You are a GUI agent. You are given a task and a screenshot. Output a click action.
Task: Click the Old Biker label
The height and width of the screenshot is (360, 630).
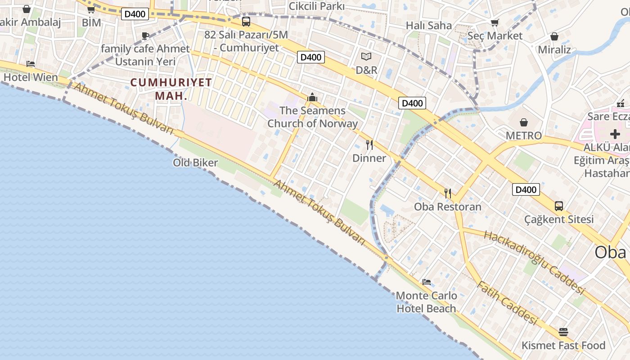pyautogui.click(x=195, y=163)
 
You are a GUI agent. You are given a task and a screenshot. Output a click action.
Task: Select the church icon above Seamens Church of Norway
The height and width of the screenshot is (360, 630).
pyautogui.click(x=312, y=97)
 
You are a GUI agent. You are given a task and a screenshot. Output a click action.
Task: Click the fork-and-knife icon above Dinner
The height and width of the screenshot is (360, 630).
pyautogui.click(x=369, y=145)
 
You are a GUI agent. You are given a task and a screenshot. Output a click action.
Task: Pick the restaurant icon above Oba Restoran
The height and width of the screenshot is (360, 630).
pyautogui.click(x=448, y=193)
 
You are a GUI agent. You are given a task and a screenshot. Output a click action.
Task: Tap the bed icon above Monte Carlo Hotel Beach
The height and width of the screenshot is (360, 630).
pyautogui.click(x=427, y=282)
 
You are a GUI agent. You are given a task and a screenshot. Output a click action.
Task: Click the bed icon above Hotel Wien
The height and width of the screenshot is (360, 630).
pyautogui.click(x=31, y=64)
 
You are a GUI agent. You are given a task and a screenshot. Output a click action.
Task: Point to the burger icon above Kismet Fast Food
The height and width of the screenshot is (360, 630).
pyautogui.click(x=563, y=332)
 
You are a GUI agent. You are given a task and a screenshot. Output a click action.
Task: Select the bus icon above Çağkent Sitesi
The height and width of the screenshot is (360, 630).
pyautogui.click(x=558, y=206)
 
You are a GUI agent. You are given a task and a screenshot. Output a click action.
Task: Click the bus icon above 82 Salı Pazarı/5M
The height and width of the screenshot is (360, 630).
pyautogui.click(x=246, y=21)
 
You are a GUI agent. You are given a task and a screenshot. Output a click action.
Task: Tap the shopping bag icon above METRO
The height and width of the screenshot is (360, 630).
pyautogui.click(x=524, y=122)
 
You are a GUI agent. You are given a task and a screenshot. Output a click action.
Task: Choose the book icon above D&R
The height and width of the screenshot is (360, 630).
pyautogui.click(x=366, y=57)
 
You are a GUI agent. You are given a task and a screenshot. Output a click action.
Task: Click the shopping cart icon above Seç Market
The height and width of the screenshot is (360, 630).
pyautogui.click(x=495, y=22)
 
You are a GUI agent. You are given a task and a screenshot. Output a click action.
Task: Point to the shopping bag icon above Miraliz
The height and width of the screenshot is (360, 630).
pyautogui.click(x=554, y=36)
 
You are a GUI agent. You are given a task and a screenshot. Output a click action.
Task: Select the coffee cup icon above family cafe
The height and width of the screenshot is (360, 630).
pyautogui.click(x=145, y=36)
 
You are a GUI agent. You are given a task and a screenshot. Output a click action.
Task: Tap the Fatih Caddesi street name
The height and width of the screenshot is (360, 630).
pyautogui.click(x=507, y=303)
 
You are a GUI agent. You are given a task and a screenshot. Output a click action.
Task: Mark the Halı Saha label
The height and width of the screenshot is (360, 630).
pyautogui.click(x=428, y=25)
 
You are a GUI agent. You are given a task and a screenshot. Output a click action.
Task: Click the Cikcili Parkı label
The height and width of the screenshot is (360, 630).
pyautogui.click(x=316, y=6)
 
